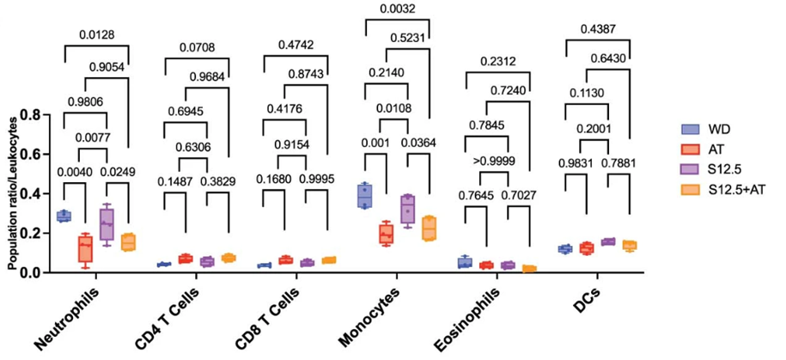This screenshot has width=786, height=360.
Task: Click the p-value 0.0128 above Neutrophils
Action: pyautogui.click(x=98, y=35)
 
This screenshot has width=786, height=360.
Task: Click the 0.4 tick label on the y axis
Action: pyautogui.click(x=37, y=193)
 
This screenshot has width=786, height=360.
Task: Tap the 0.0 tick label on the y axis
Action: pyautogui.click(x=37, y=272)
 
